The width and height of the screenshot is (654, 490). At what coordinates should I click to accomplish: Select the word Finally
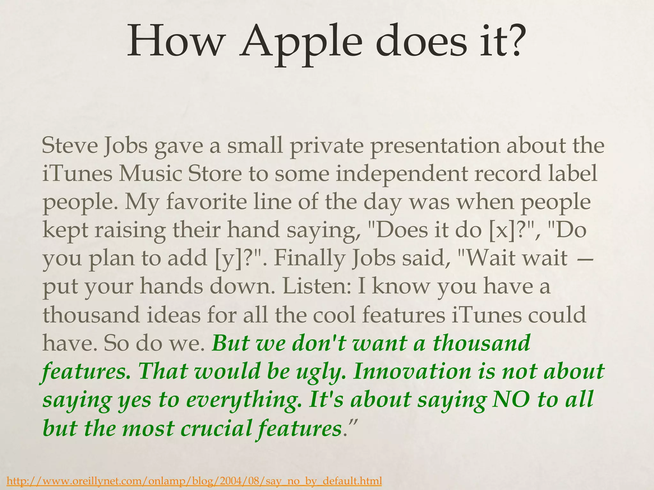[x=309, y=258]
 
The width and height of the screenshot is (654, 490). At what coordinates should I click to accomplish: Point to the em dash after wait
[x=586, y=258]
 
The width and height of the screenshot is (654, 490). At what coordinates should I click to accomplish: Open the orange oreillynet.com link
[x=194, y=480]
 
